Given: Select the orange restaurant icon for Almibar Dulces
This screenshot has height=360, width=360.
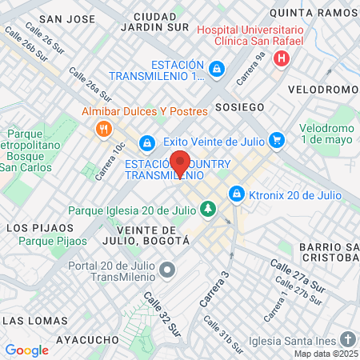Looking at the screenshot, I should pyautogui.click(x=102, y=129).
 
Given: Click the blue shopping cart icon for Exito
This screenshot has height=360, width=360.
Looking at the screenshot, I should pyautogui.click(x=277, y=140).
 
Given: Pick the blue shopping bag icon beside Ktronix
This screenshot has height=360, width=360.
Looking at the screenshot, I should pyautogui.click(x=236, y=194).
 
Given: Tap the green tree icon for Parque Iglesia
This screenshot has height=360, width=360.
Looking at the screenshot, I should pyautogui.click(x=208, y=209).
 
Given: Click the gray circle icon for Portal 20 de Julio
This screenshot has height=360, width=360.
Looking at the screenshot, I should pyautogui.click(x=167, y=270).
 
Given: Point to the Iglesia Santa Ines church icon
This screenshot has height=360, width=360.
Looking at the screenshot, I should pyautogui.click(x=346, y=337).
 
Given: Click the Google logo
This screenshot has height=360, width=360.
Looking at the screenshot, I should pyautogui.click(x=26, y=350).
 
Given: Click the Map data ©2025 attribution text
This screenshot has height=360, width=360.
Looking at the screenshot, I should pyautogui.click(x=326, y=354).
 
